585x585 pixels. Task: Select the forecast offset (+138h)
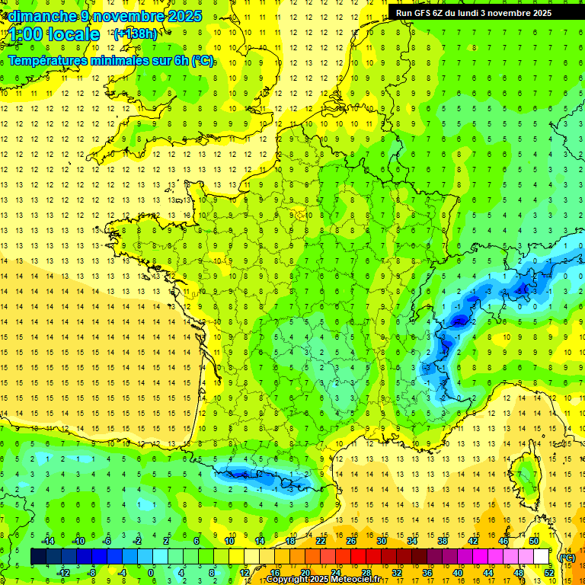click(135, 34)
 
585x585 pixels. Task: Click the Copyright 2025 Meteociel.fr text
click(323, 580)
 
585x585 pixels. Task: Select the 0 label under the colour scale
click(151, 572)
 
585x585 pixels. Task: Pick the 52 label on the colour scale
click(549, 572)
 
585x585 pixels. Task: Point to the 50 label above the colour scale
click(534, 541)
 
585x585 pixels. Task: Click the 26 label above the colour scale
click(351, 541)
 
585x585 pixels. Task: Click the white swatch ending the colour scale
click(542, 557)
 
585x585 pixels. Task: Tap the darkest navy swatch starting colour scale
click(38, 557)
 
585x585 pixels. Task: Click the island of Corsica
click(526, 476)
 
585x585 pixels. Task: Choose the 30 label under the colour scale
click(382, 572)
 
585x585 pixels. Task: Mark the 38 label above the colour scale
click(443, 541)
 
